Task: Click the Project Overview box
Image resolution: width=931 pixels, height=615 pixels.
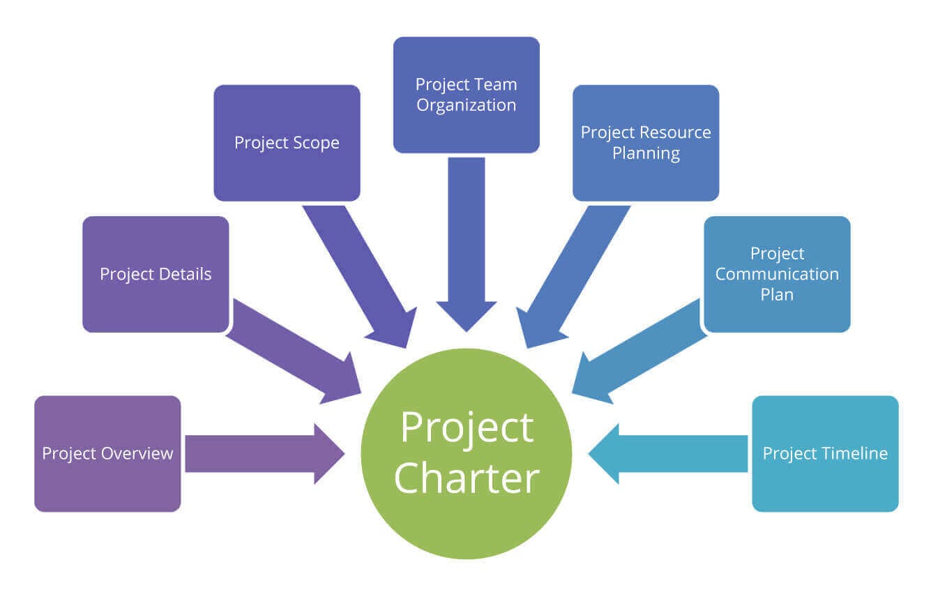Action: (x=107, y=453)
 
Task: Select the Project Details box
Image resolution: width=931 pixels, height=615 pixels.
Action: (x=156, y=274)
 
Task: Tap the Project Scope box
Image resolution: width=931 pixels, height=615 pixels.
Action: (x=287, y=143)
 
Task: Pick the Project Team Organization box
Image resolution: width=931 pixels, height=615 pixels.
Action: (x=466, y=95)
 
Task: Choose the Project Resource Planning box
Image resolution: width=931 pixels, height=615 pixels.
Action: (x=646, y=143)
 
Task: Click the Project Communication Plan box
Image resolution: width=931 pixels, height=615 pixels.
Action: (x=777, y=274)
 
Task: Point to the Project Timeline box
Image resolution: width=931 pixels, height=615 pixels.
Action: (x=825, y=453)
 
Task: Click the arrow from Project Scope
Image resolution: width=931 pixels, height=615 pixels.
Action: (x=359, y=275)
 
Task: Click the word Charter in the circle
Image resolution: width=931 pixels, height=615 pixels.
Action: (x=467, y=479)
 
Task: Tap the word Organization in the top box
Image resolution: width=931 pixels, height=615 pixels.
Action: (x=466, y=105)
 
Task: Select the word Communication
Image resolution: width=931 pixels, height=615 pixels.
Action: (x=777, y=274)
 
